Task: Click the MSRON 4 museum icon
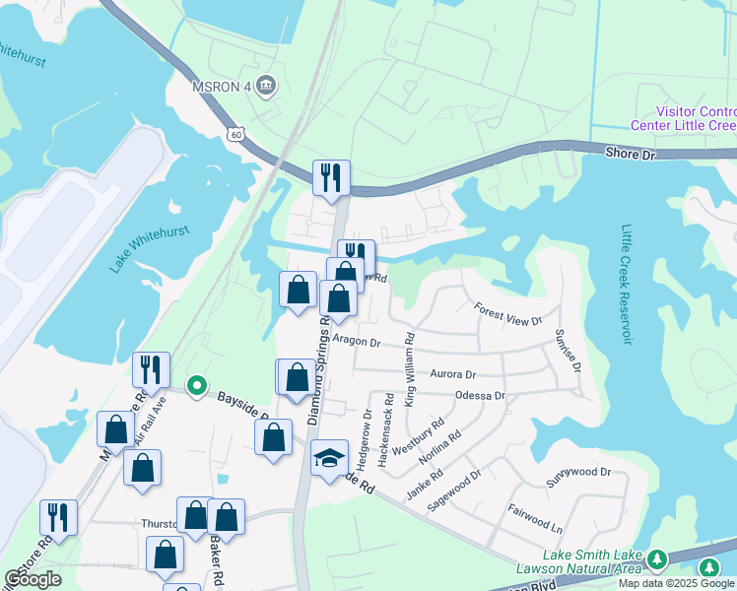265,87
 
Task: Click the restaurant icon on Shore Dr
330,177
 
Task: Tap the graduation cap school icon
329,458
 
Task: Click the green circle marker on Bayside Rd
196,385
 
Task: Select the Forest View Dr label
508,315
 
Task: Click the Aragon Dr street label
356,341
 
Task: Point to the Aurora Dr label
453,374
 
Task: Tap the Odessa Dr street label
480,395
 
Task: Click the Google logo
33,579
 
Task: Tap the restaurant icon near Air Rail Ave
151,369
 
